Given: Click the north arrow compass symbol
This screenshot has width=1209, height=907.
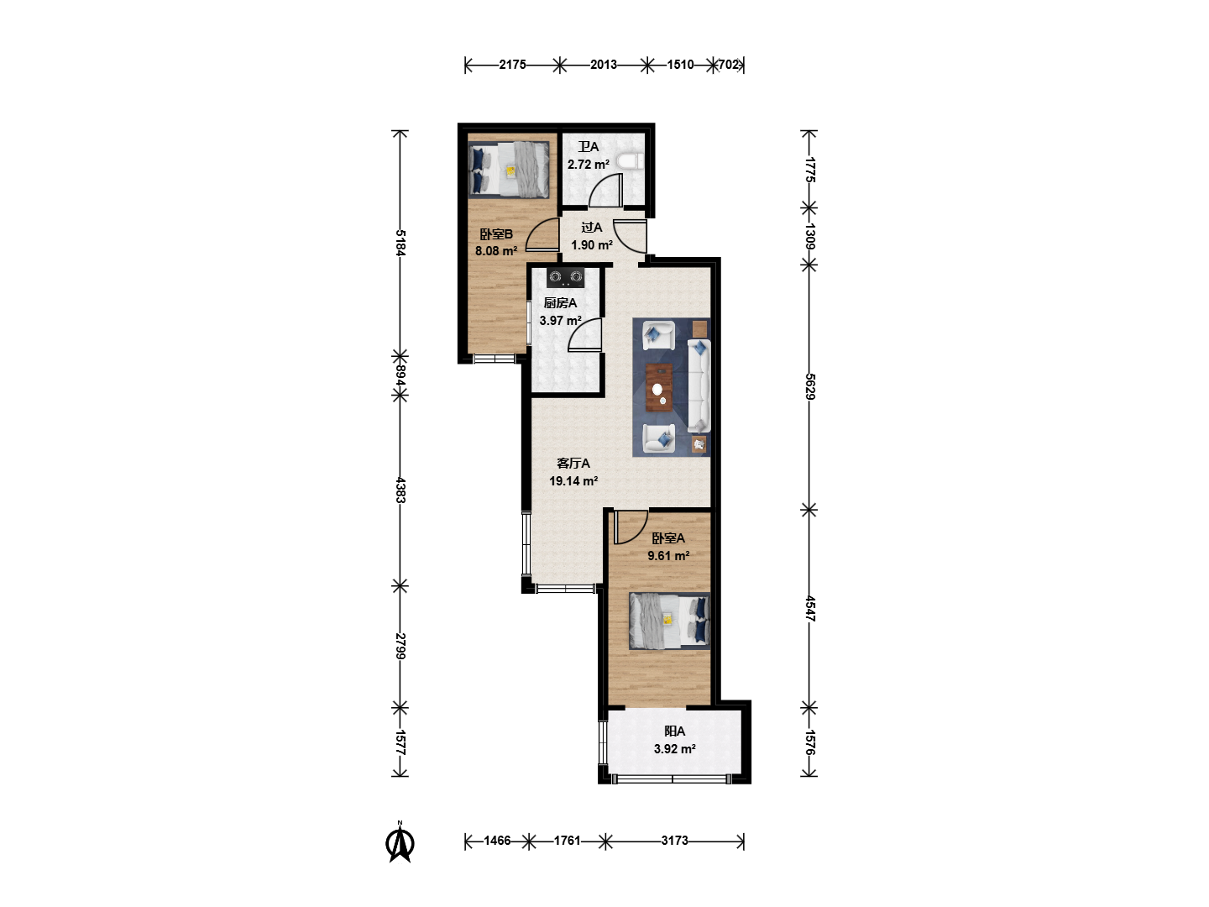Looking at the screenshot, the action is point(400,842).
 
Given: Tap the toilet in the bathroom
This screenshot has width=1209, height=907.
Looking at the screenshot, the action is point(631,161).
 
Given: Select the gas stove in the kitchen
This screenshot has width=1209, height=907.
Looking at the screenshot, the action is point(565,277).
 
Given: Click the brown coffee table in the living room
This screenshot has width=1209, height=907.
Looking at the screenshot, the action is point(659,388).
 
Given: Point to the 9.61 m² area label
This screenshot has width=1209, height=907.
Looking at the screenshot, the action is point(668,556).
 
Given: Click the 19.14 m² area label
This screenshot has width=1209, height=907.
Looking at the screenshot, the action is point(573,480).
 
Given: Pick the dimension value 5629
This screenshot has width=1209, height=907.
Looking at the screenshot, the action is point(809,386).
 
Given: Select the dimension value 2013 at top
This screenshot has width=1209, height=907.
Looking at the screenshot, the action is point(604,65).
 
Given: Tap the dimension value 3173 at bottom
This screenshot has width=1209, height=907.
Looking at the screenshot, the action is point(675,841).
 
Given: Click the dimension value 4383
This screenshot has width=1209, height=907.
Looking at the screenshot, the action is point(400,490).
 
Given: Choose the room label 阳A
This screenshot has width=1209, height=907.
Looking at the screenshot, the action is point(675,731).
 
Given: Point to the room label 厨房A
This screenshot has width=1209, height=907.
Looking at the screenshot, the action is point(560,303).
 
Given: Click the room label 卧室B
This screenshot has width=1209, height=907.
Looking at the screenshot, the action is point(496,234).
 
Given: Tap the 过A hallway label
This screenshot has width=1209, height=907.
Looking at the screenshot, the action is point(592,228).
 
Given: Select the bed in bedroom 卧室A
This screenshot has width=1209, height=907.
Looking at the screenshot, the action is point(669,621).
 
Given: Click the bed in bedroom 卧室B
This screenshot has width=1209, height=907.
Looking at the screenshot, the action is point(509,170).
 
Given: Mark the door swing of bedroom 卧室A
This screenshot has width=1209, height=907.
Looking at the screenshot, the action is point(631,527).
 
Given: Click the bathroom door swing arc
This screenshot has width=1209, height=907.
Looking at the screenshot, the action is point(606,191).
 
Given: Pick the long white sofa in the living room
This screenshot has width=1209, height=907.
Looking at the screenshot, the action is point(699,386).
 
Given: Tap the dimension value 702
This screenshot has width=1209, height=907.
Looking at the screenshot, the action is point(728,65).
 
